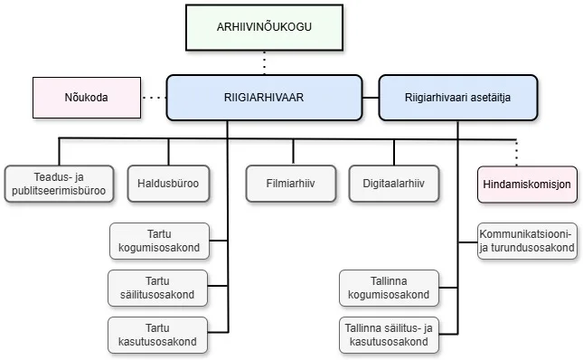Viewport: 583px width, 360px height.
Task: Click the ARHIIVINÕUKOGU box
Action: click(264, 26)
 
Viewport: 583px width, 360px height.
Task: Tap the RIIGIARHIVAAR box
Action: click(265, 97)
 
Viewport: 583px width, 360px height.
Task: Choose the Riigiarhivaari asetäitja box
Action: click(457, 97)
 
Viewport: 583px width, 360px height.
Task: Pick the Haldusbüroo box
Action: click(169, 184)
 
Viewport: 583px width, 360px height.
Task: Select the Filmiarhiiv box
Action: click(292, 184)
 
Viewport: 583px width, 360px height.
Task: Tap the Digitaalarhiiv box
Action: click(394, 184)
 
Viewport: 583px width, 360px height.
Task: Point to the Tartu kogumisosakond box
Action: click(158, 242)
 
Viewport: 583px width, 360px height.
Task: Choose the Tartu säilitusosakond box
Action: click(158, 288)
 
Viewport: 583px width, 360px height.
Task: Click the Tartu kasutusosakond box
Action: click(158, 335)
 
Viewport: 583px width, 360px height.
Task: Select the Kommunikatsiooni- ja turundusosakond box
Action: click(527, 242)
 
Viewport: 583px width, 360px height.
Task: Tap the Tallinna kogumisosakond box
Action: click(390, 288)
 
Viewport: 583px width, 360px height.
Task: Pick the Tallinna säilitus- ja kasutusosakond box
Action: click(390, 335)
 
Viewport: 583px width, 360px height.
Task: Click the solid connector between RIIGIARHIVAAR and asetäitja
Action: click(371, 97)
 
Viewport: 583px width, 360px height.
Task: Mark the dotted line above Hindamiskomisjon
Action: click(516, 150)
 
